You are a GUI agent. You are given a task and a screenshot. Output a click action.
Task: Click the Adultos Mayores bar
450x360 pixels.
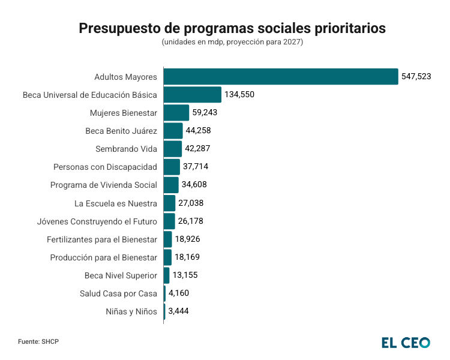[281, 77]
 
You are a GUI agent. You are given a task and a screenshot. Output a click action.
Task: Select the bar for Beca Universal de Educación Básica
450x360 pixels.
[193, 95]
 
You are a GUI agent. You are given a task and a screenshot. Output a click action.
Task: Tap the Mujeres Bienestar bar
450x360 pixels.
[176, 113]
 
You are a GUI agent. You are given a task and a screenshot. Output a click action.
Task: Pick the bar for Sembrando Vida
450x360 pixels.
[173, 149]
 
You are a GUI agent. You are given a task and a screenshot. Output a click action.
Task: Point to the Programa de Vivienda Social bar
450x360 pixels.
[171, 185]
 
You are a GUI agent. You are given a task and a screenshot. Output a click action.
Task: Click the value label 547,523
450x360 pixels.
[416, 77]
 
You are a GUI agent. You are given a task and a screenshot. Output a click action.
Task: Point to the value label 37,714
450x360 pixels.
[196, 167]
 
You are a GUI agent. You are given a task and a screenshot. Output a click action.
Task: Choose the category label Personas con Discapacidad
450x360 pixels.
[105, 167]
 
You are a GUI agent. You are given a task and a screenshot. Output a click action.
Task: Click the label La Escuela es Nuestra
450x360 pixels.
[116, 203]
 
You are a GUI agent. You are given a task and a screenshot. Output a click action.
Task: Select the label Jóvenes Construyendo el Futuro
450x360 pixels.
[97, 221]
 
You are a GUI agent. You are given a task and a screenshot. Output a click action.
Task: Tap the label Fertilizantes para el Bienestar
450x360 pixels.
[102, 239]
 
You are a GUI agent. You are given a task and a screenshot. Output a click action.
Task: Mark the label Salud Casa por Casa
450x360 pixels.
[118, 293]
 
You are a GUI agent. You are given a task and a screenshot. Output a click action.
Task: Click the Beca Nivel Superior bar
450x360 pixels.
[167, 275]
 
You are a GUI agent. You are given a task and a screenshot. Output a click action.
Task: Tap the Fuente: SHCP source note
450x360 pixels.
[38, 341]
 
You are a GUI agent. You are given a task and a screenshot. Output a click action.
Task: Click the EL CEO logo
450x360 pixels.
[406, 343]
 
